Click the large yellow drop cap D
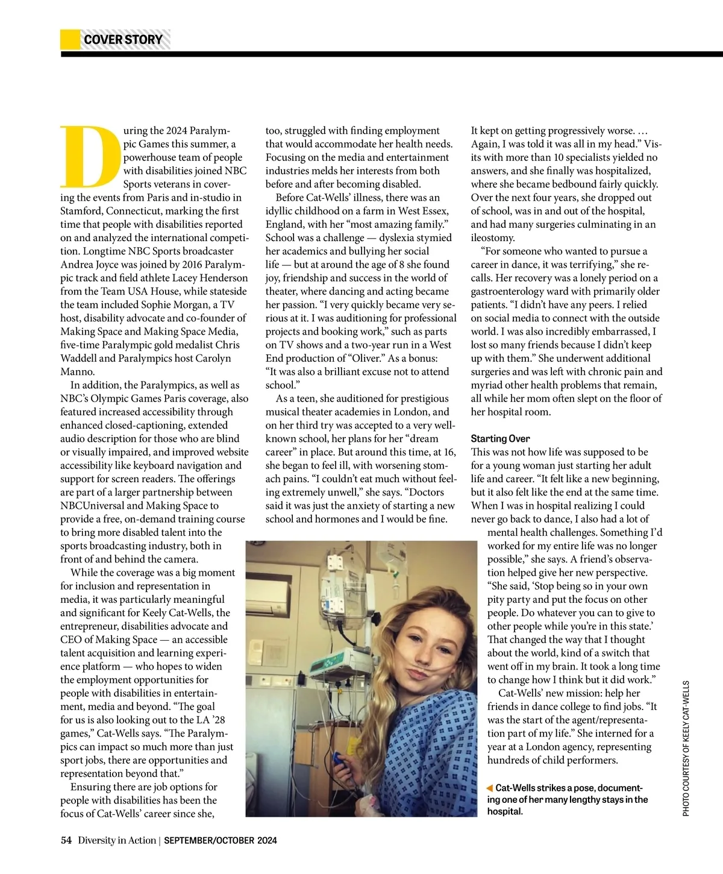(89, 156)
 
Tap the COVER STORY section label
(124, 40)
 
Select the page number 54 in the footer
(66, 840)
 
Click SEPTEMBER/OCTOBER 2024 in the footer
(221, 840)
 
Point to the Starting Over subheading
(500, 439)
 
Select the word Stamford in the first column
(82, 211)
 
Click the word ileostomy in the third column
(493, 237)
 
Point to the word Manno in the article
(77, 371)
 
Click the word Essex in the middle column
(432, 211)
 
